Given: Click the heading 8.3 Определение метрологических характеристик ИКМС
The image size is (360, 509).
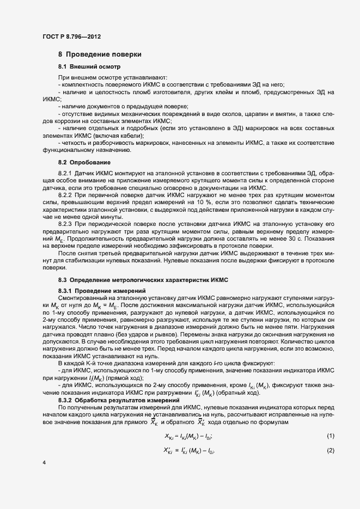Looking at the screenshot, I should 143,279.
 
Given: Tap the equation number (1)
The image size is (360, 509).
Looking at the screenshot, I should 330,421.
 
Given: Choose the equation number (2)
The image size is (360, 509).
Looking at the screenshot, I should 330,435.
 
